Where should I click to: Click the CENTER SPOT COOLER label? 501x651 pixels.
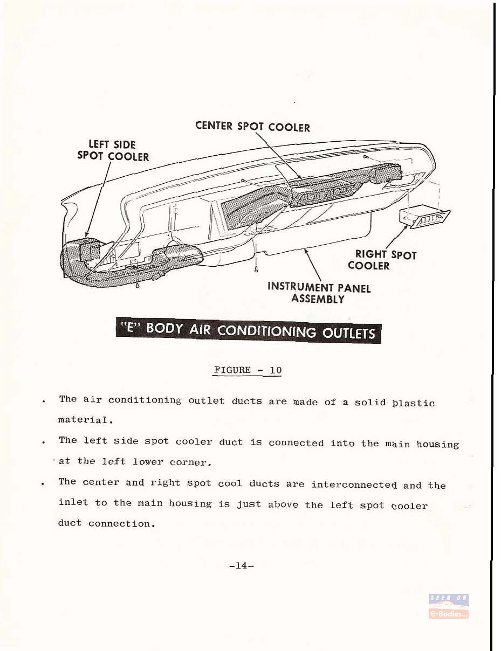pos(252,127)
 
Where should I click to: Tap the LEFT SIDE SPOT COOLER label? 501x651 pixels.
pos(113,151)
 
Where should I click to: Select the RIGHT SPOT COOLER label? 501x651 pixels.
pos(382,260)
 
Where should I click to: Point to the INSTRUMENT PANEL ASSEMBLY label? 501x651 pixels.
pos(319,293)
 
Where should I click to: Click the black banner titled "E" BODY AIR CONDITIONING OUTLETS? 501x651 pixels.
pos(249,330)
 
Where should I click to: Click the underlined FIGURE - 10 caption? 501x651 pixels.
pos(248,370)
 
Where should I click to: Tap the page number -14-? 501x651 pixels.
pos(242,566)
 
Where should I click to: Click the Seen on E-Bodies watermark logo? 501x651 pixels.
pos(449,606)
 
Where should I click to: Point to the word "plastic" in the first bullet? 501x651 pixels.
pos(414,403)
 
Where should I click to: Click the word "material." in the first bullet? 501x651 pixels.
pos(86,420)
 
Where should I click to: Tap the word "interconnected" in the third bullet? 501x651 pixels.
pos(354,484)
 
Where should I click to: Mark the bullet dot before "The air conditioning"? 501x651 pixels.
pos(44,401)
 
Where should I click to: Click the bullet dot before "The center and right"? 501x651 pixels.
pos(44,483)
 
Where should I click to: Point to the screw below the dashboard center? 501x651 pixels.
pos(256,269)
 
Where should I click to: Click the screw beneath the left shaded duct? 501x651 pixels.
pos(138,285)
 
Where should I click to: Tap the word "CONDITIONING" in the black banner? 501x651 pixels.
pos(266,331)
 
